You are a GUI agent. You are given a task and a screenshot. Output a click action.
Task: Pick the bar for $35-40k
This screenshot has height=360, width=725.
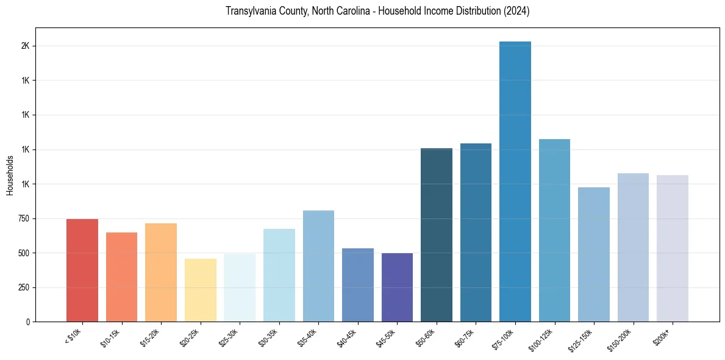318,266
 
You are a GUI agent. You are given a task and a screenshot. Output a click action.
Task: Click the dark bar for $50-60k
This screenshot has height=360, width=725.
437,235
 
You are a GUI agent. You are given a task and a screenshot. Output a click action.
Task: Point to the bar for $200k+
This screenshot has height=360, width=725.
673,248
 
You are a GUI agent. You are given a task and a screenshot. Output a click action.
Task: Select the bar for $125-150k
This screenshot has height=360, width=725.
594,254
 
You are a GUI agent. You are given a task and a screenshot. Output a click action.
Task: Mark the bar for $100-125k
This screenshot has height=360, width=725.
554,230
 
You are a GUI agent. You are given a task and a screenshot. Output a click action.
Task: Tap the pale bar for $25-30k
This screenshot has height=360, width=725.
240,287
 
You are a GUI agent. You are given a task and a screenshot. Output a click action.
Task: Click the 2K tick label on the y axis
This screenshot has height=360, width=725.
26,46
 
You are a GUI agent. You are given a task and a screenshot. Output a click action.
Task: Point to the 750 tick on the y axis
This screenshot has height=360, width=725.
24,218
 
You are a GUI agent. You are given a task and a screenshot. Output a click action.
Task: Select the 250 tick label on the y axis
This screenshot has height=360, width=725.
24,287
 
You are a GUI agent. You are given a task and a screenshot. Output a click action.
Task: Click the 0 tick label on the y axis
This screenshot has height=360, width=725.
28,322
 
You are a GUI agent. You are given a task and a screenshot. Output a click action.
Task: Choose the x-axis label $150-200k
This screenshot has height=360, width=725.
619,339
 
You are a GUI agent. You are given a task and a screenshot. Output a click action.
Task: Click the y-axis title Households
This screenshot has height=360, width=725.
10,175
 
